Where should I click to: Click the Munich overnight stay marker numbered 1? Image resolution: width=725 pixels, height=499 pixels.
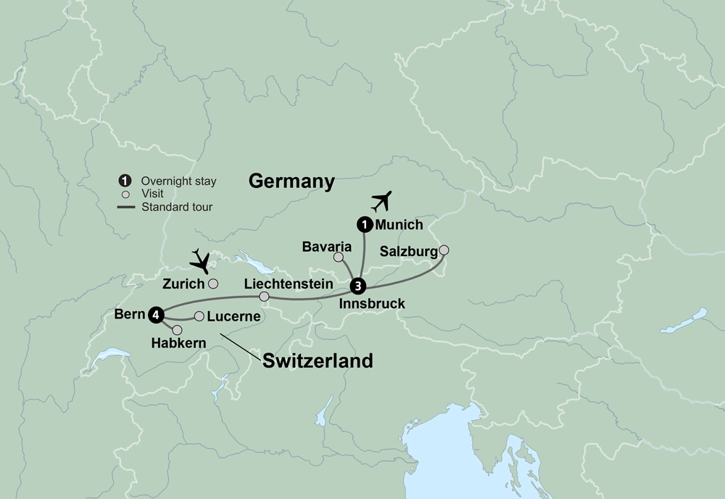[364, 225]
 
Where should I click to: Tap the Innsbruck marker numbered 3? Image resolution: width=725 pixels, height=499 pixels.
[357, 285]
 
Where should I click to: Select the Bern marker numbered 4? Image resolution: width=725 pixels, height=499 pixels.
[155, 314]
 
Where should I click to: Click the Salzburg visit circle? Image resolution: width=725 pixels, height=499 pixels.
[444, 249]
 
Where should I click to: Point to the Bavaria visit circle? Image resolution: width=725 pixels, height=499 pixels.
[338, 257]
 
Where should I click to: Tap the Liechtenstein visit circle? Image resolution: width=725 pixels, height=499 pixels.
[264, 297]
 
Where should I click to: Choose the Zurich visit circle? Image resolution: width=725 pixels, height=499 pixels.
[213, 284]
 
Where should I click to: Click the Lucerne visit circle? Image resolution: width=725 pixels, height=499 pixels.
[199, 316]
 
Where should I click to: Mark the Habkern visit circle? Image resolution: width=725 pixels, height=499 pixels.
[177, 330]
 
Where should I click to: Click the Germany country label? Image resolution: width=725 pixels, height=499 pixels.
[291, 181]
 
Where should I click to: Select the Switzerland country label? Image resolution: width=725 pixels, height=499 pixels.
[318, 360]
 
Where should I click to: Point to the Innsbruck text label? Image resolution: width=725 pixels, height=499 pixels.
[371, 303]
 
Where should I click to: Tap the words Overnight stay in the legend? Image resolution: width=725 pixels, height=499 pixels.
[178, 181]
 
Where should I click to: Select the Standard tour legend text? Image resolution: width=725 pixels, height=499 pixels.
[177, 207]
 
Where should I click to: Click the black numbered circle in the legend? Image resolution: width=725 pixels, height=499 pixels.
[125, 181]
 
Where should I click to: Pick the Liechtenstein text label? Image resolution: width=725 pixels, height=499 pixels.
[289, 283]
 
